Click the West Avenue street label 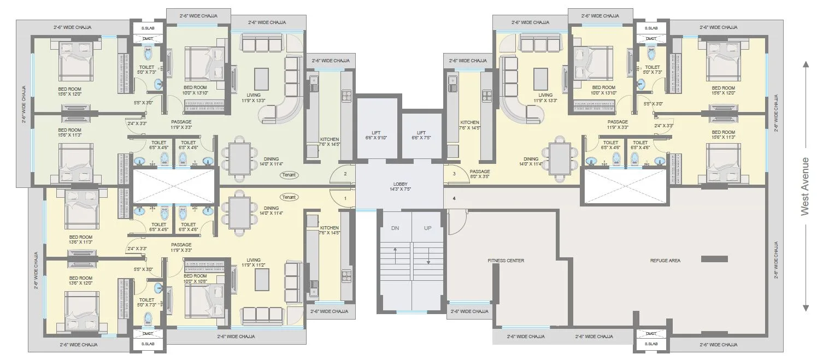click(804, 186)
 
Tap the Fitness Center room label click(506, 261)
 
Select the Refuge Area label click(665, 261)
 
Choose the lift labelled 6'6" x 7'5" click(421, 135)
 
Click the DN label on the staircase click(395, 228)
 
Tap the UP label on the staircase click(427, 228)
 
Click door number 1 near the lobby click(345, 198)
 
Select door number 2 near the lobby click(345, 174)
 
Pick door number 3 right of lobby click(454, 174)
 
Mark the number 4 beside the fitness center click(454, 198)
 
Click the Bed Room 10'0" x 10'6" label click(195, 279)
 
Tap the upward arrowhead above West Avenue click(805, 64)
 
